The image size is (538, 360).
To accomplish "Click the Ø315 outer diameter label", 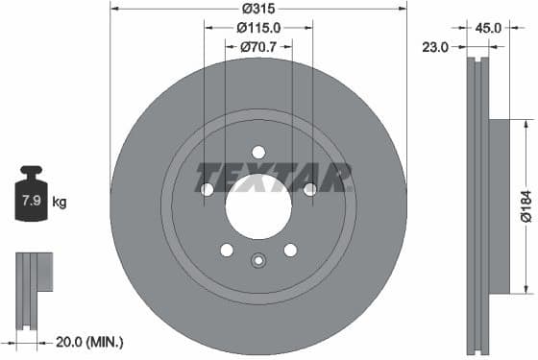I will (x=257, y=9).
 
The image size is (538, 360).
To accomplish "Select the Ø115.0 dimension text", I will (x=258, y=28).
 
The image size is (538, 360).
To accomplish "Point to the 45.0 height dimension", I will (x=488, y=28).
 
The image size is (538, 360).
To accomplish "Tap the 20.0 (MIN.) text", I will (x=88, y=341).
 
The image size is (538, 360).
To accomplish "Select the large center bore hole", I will (x=257, y=204).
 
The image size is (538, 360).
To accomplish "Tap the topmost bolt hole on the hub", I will (x=257, y=151).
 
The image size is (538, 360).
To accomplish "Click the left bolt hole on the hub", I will (x=207, y=189).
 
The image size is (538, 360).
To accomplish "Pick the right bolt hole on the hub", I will (x=309, y=189).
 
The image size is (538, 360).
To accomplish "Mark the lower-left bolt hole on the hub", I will (x=226, y=250).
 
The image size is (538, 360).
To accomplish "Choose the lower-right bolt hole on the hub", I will (x=289, y=250).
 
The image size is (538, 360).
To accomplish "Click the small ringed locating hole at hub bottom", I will (x=257, y=260).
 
